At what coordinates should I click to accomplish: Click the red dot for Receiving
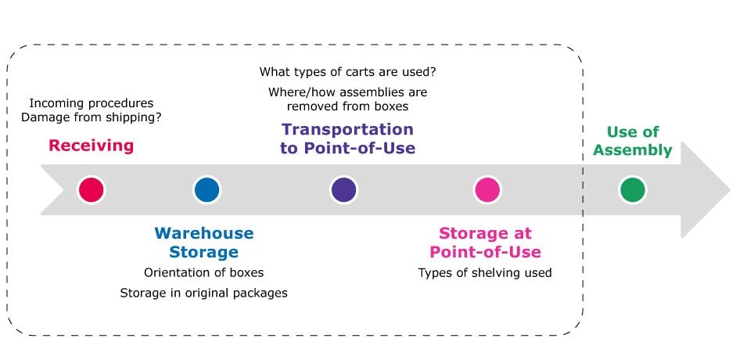(91, 189)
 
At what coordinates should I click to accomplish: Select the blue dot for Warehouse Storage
(207, 189)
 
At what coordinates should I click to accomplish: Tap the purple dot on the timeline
(343, 189)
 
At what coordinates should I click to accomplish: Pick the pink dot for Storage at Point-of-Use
(487, 189)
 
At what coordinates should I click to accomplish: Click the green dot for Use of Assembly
(633, 189)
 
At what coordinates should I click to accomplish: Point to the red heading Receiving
(91, 146)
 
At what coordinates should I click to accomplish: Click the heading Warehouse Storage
(204, 243)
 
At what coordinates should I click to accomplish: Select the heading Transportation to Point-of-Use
(347, 139)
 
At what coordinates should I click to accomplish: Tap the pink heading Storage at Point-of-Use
(485, 243)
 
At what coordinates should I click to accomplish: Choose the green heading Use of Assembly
(633, 141)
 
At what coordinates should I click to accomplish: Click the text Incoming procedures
(92, 103)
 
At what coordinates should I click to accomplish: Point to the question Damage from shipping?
(92, 117)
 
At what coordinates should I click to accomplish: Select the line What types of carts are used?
(348, 73)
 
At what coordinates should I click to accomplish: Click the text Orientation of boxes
(204, 272)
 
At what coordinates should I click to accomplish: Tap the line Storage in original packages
(204, 293)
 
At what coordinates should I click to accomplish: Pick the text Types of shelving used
(485, 272)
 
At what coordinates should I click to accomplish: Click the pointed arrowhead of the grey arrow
(730, 189)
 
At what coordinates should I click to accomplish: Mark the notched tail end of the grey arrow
(64, 189)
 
